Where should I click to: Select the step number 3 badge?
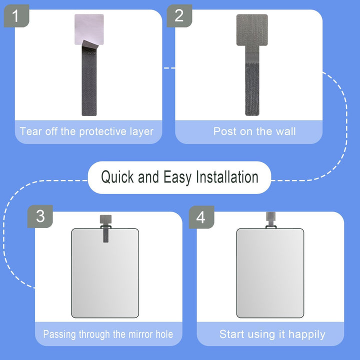click(x=40, y=216)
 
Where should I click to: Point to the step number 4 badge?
click(x=201, y=216)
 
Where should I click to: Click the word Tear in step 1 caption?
click(x=31, y=132)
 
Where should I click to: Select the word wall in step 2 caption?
click(x=284, y=132)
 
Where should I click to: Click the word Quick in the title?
click(x=117, y=177)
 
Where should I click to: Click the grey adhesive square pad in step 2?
click(x=252, y=29)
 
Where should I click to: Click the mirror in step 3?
click(x=104, y=275)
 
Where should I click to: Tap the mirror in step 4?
click(x=269, y=275)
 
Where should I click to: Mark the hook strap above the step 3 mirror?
click(x=105, y=227)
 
